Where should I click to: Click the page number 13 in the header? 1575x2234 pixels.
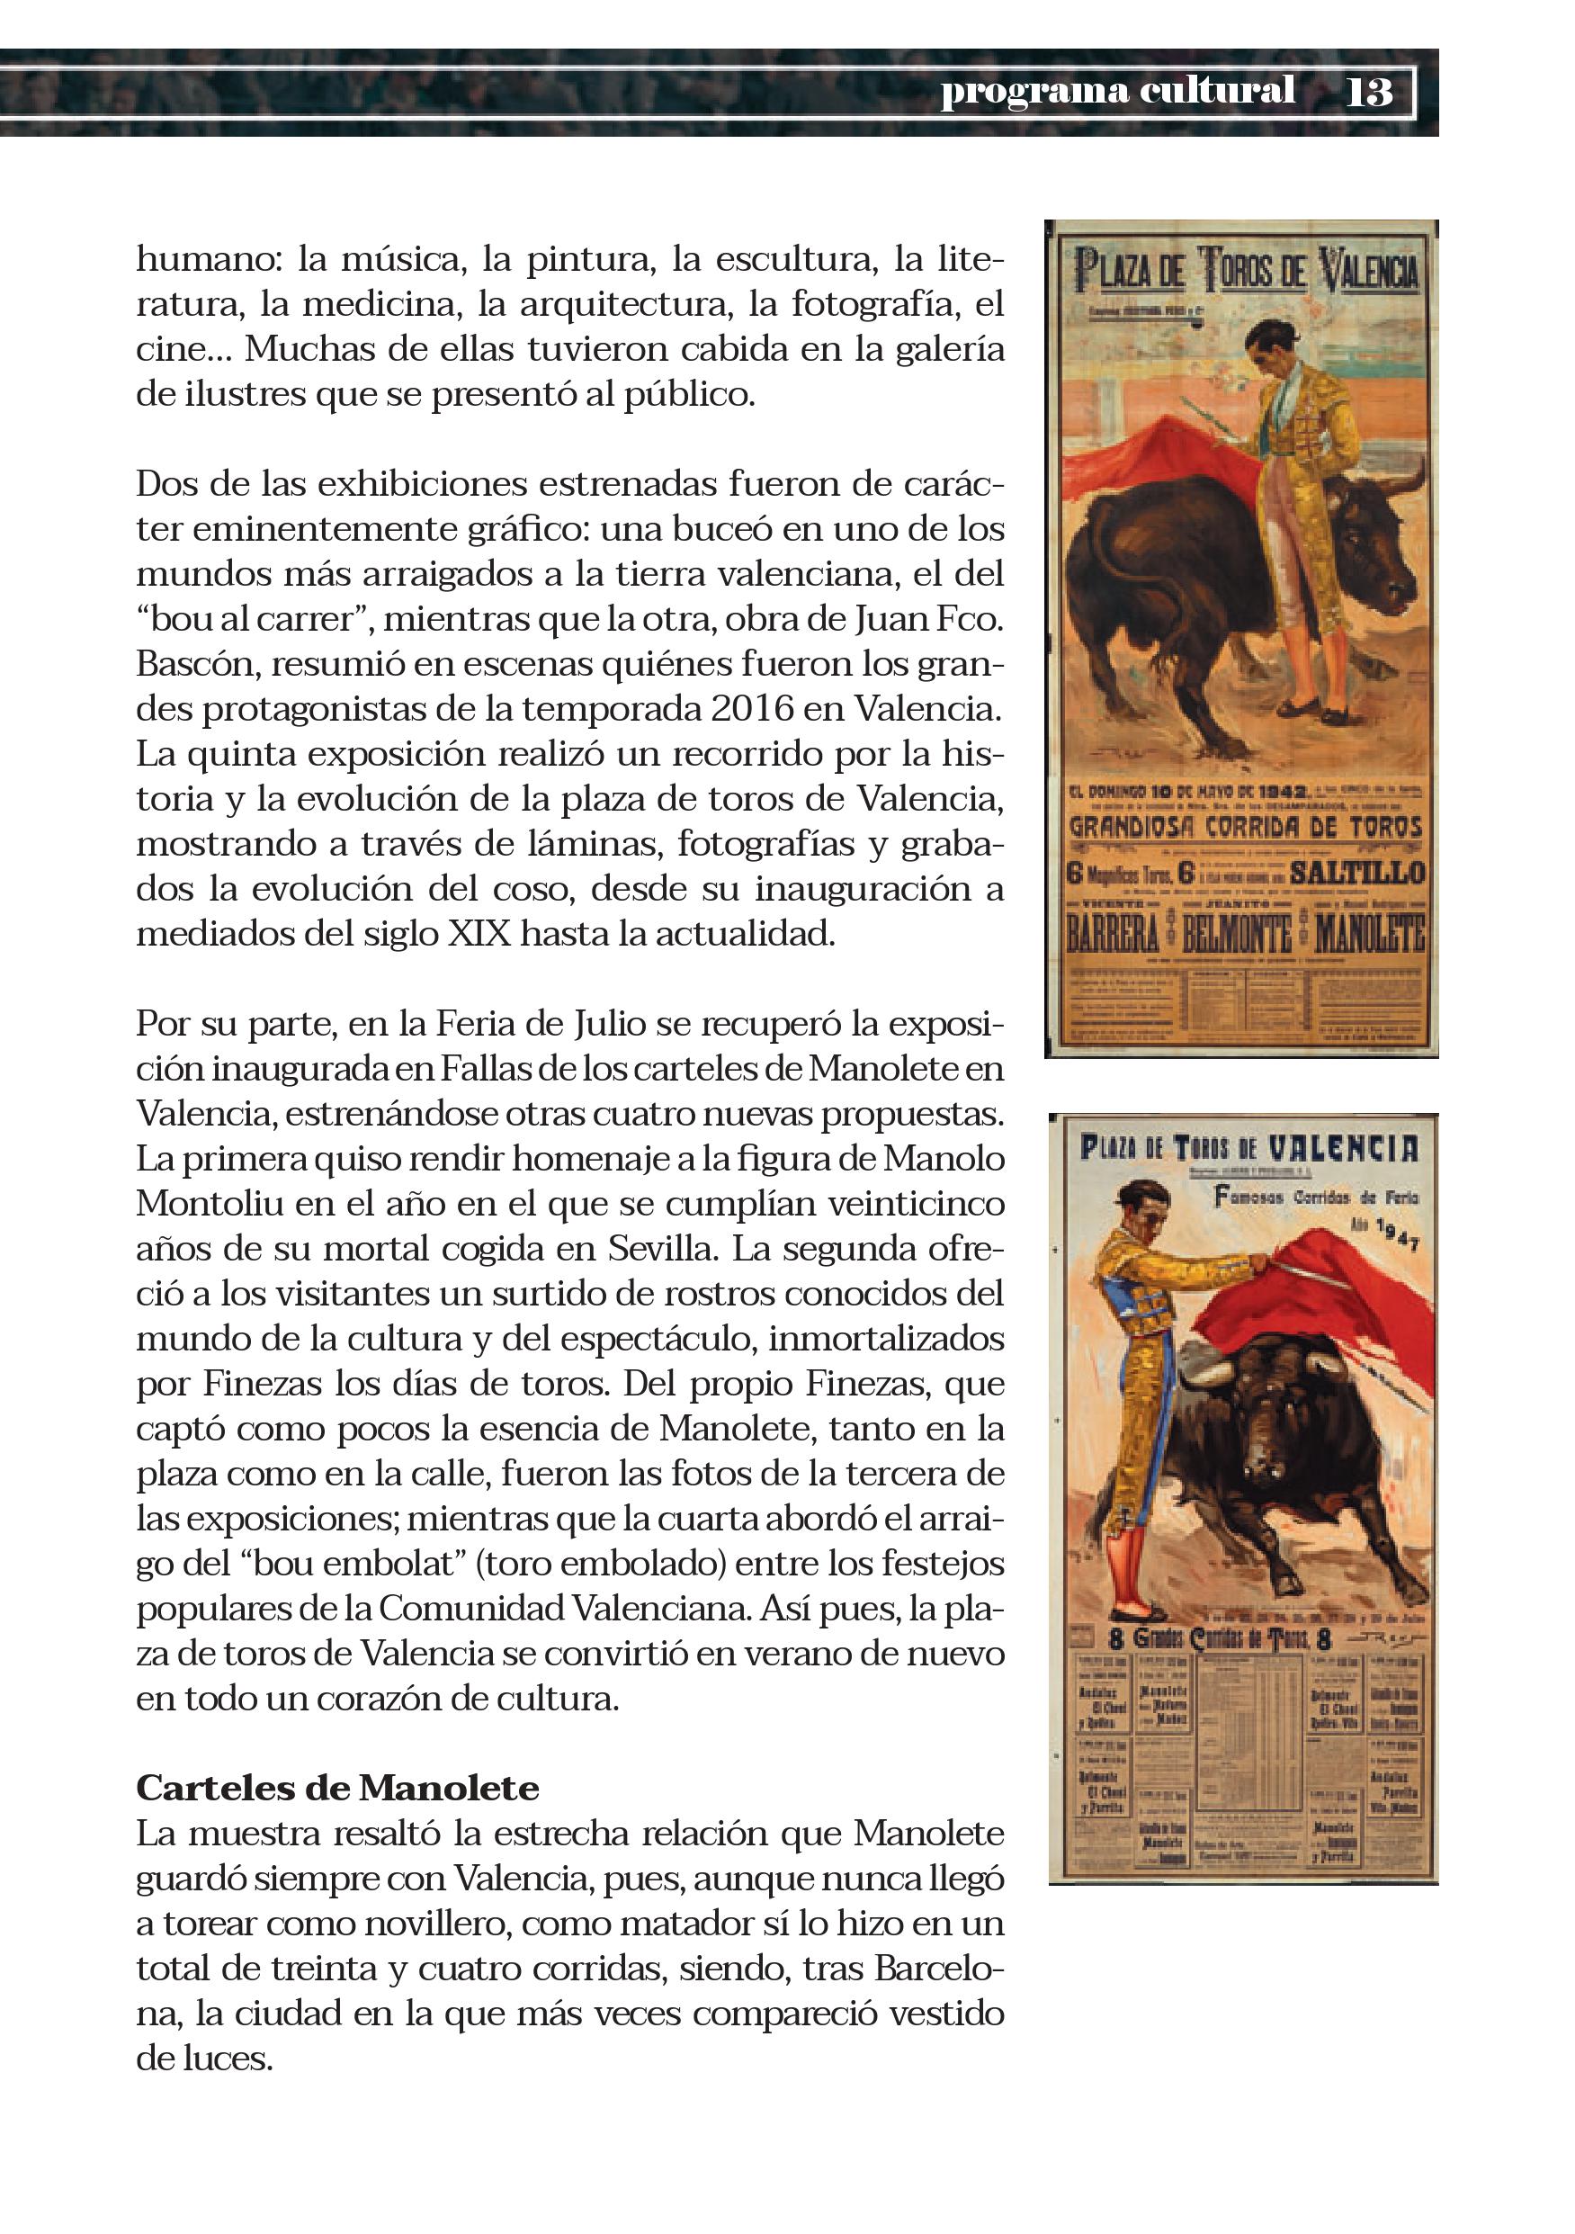click(x=1369, y=93)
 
